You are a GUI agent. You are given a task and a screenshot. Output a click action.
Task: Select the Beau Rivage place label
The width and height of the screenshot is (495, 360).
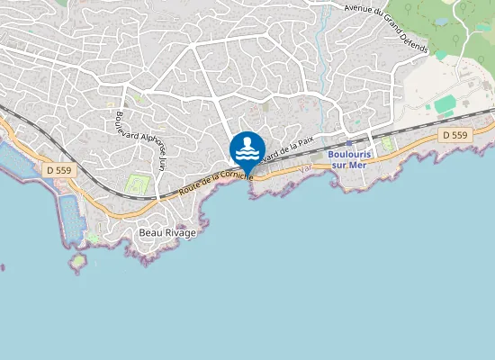pyautogui.click(x=167, y=232)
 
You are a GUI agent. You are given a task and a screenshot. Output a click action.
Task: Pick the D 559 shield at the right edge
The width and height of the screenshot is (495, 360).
pyautogui.click(x=454, y=135)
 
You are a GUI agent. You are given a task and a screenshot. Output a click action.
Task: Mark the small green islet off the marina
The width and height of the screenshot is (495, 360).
pyautogui.click(x=78, y=261)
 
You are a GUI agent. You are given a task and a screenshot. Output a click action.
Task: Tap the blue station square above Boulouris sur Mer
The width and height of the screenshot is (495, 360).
pyautogui.click(x=348, y=142)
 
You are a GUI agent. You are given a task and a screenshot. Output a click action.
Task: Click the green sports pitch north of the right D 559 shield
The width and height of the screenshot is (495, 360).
pyautogui.click(x=445, y=105)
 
